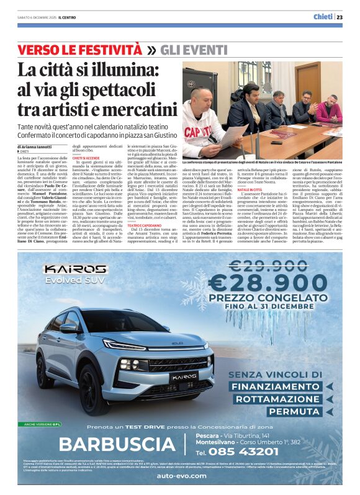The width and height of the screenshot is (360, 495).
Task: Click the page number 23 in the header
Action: click(x=340, y=17)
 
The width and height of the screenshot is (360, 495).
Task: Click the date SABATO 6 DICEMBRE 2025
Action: click(x=38, y=17)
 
